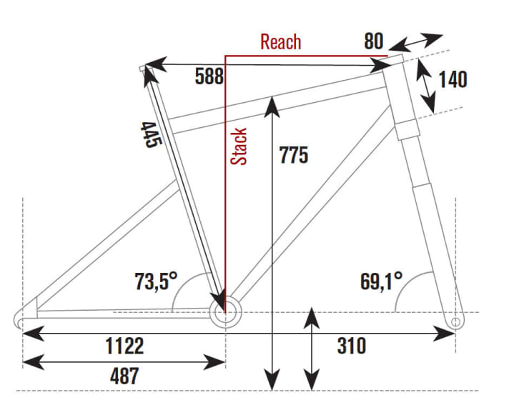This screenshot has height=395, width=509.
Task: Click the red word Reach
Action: tap(280, 42)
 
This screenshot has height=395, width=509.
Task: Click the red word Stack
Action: tap(239, 146)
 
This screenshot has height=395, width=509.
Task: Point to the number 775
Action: tap(293, 156)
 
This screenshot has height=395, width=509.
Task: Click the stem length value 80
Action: tap(373, 41)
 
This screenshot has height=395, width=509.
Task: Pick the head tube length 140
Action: tap(453, 79)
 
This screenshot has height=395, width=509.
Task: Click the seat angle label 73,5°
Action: tap(156, 281)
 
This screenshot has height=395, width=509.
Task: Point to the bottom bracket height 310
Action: tap(351, 347)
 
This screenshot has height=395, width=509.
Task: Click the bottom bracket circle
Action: tap(224, 311)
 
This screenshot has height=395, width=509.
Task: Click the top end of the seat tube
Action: tap(144, 69)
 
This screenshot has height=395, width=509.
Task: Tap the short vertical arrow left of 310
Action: tap(311, 350)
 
